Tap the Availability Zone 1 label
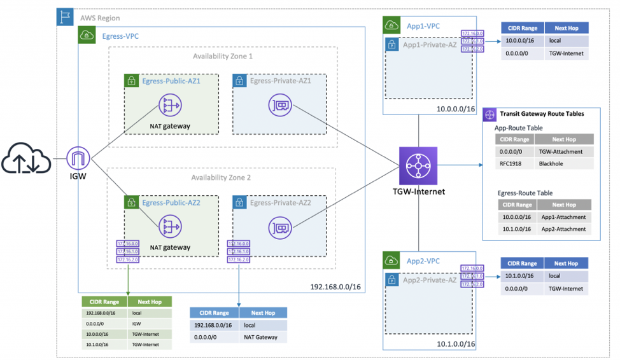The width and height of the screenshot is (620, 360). pyautogui.click(x=222, y=57)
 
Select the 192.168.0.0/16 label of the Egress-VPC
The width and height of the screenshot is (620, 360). pyautogui.click(x=336, y=287)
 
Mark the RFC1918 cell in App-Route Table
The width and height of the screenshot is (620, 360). pyautogui.click(x=512, y=163)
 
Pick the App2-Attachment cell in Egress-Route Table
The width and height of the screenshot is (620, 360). pyautogui.click(x=563, y=229)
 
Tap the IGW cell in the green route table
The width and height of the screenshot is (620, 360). pyautogui.click(x=150, y=323)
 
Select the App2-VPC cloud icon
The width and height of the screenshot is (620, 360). pyautogui.click(x=391, y=260)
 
